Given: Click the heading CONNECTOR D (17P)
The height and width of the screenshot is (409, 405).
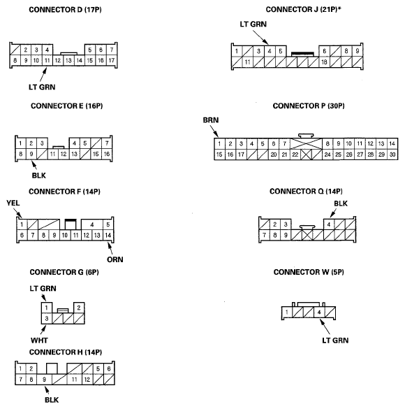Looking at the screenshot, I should tap(61, 10).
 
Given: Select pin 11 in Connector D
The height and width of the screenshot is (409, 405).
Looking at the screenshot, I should tap(47, 61).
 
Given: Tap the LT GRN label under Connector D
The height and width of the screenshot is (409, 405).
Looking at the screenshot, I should tap(36, 87).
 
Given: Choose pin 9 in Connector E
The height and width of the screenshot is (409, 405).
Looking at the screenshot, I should tap(31, 153).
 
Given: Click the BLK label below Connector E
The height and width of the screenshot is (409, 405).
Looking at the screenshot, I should tap(39, 177).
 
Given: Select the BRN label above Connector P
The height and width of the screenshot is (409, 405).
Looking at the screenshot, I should tap(211, 120).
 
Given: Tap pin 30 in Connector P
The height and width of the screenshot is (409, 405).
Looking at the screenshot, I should tap(392, 154).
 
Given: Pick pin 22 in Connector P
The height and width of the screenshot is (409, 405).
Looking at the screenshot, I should tap(295, 154).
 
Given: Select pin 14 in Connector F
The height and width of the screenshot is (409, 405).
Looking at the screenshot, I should tap(108, 235).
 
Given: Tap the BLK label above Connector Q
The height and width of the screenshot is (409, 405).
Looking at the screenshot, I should tap(340, 204).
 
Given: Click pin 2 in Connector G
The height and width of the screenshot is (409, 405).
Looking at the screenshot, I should tap(79, 308).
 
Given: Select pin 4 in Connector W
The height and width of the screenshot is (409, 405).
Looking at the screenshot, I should tap(319, 312).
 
